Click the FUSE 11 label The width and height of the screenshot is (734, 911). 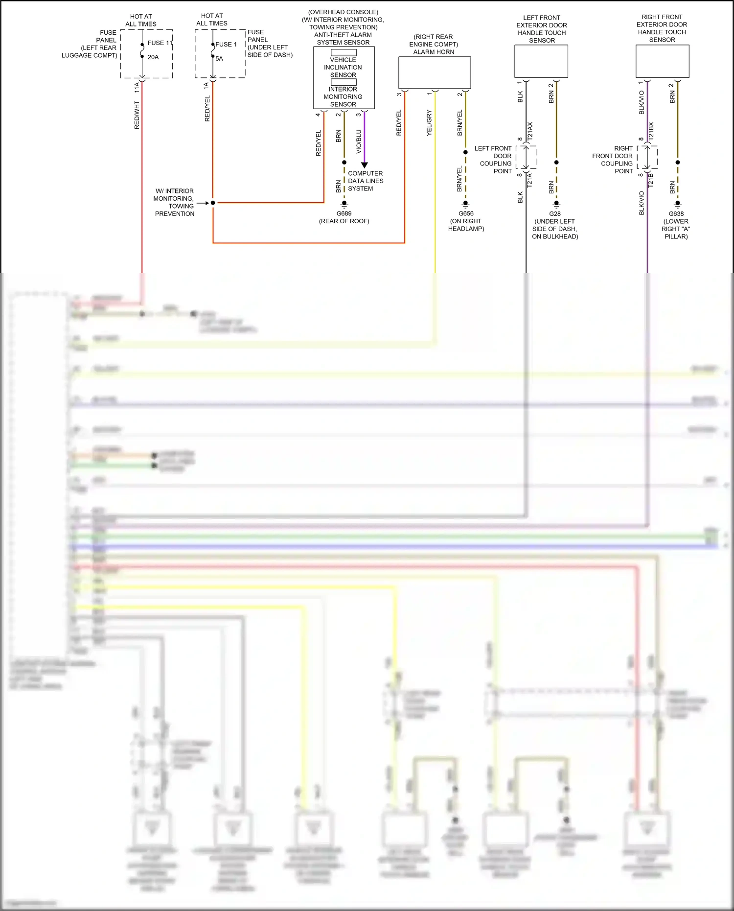click(160, 43)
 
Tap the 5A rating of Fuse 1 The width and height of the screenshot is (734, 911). click(219, 59)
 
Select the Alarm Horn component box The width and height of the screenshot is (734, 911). click(435, 72)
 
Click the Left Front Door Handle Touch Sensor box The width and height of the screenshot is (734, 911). click(541, 61)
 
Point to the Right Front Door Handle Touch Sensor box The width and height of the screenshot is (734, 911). click(662, 61)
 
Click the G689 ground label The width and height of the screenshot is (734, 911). click(344, 213)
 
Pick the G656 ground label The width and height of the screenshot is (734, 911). click(466, 213)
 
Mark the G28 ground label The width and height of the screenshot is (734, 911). click(555, 214)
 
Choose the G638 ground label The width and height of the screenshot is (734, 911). click(676, 214)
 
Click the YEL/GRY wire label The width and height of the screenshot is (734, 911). click(429, 123)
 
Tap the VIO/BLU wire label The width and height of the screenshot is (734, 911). click(359, 141)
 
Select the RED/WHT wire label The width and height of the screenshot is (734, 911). click(137, 116)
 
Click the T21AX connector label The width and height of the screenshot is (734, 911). click(530, 132)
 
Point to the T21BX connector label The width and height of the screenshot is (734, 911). click(651, 132)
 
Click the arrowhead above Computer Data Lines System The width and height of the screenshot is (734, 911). click(364, 165)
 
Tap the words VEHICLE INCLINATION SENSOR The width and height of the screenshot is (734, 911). click(343, 68)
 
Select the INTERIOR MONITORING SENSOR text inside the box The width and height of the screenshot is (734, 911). click(343, 97)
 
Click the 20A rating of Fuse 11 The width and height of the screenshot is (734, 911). click(153, 57)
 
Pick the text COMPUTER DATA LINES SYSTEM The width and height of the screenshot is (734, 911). click(366, 181)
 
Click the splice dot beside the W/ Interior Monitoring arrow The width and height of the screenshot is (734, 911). click(213, 203)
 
